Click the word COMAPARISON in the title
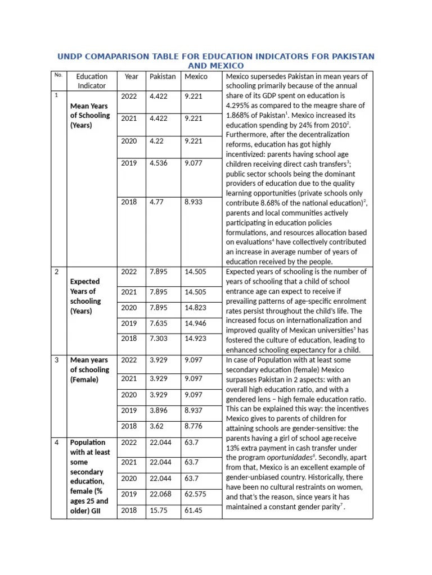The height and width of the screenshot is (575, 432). point(115,57)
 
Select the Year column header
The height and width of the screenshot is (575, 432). point(131,76)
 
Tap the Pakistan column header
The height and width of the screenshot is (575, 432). point(162,76)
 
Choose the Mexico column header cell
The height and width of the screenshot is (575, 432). point(196,76)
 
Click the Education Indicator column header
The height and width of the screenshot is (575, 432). point(91,81)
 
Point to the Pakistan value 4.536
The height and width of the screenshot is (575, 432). point(159,163)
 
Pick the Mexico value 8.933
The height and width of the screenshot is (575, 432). point(193,202)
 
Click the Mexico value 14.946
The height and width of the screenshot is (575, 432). point(195,323)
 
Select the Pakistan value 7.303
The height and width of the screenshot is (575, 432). point(159,339)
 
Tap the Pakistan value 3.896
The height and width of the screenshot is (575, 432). point(159,410)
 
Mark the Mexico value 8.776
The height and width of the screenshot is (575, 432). point(193,426)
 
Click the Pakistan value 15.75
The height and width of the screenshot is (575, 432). point(159,510)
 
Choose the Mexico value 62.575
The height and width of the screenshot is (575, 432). point(195,494)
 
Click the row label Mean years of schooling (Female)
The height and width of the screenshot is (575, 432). point(89,369)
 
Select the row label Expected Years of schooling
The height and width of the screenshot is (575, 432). point(85,296)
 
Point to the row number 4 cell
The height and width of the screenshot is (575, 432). point(57,442)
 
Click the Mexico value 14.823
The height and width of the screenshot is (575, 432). point(195,307)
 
